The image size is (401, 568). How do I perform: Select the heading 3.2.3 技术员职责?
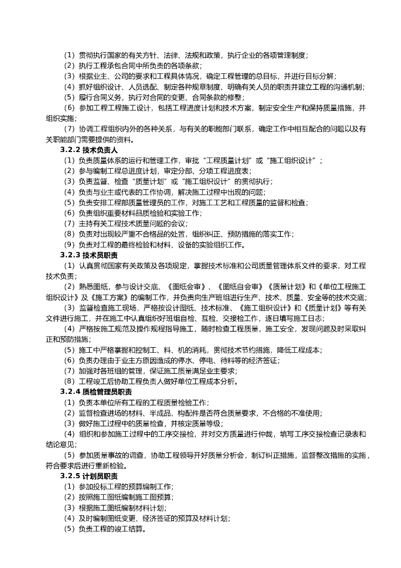point(89,255)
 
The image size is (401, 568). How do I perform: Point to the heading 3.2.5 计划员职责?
point(89,476)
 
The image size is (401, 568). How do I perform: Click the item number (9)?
point(69,245)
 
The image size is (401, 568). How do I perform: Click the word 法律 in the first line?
point(161,55)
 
